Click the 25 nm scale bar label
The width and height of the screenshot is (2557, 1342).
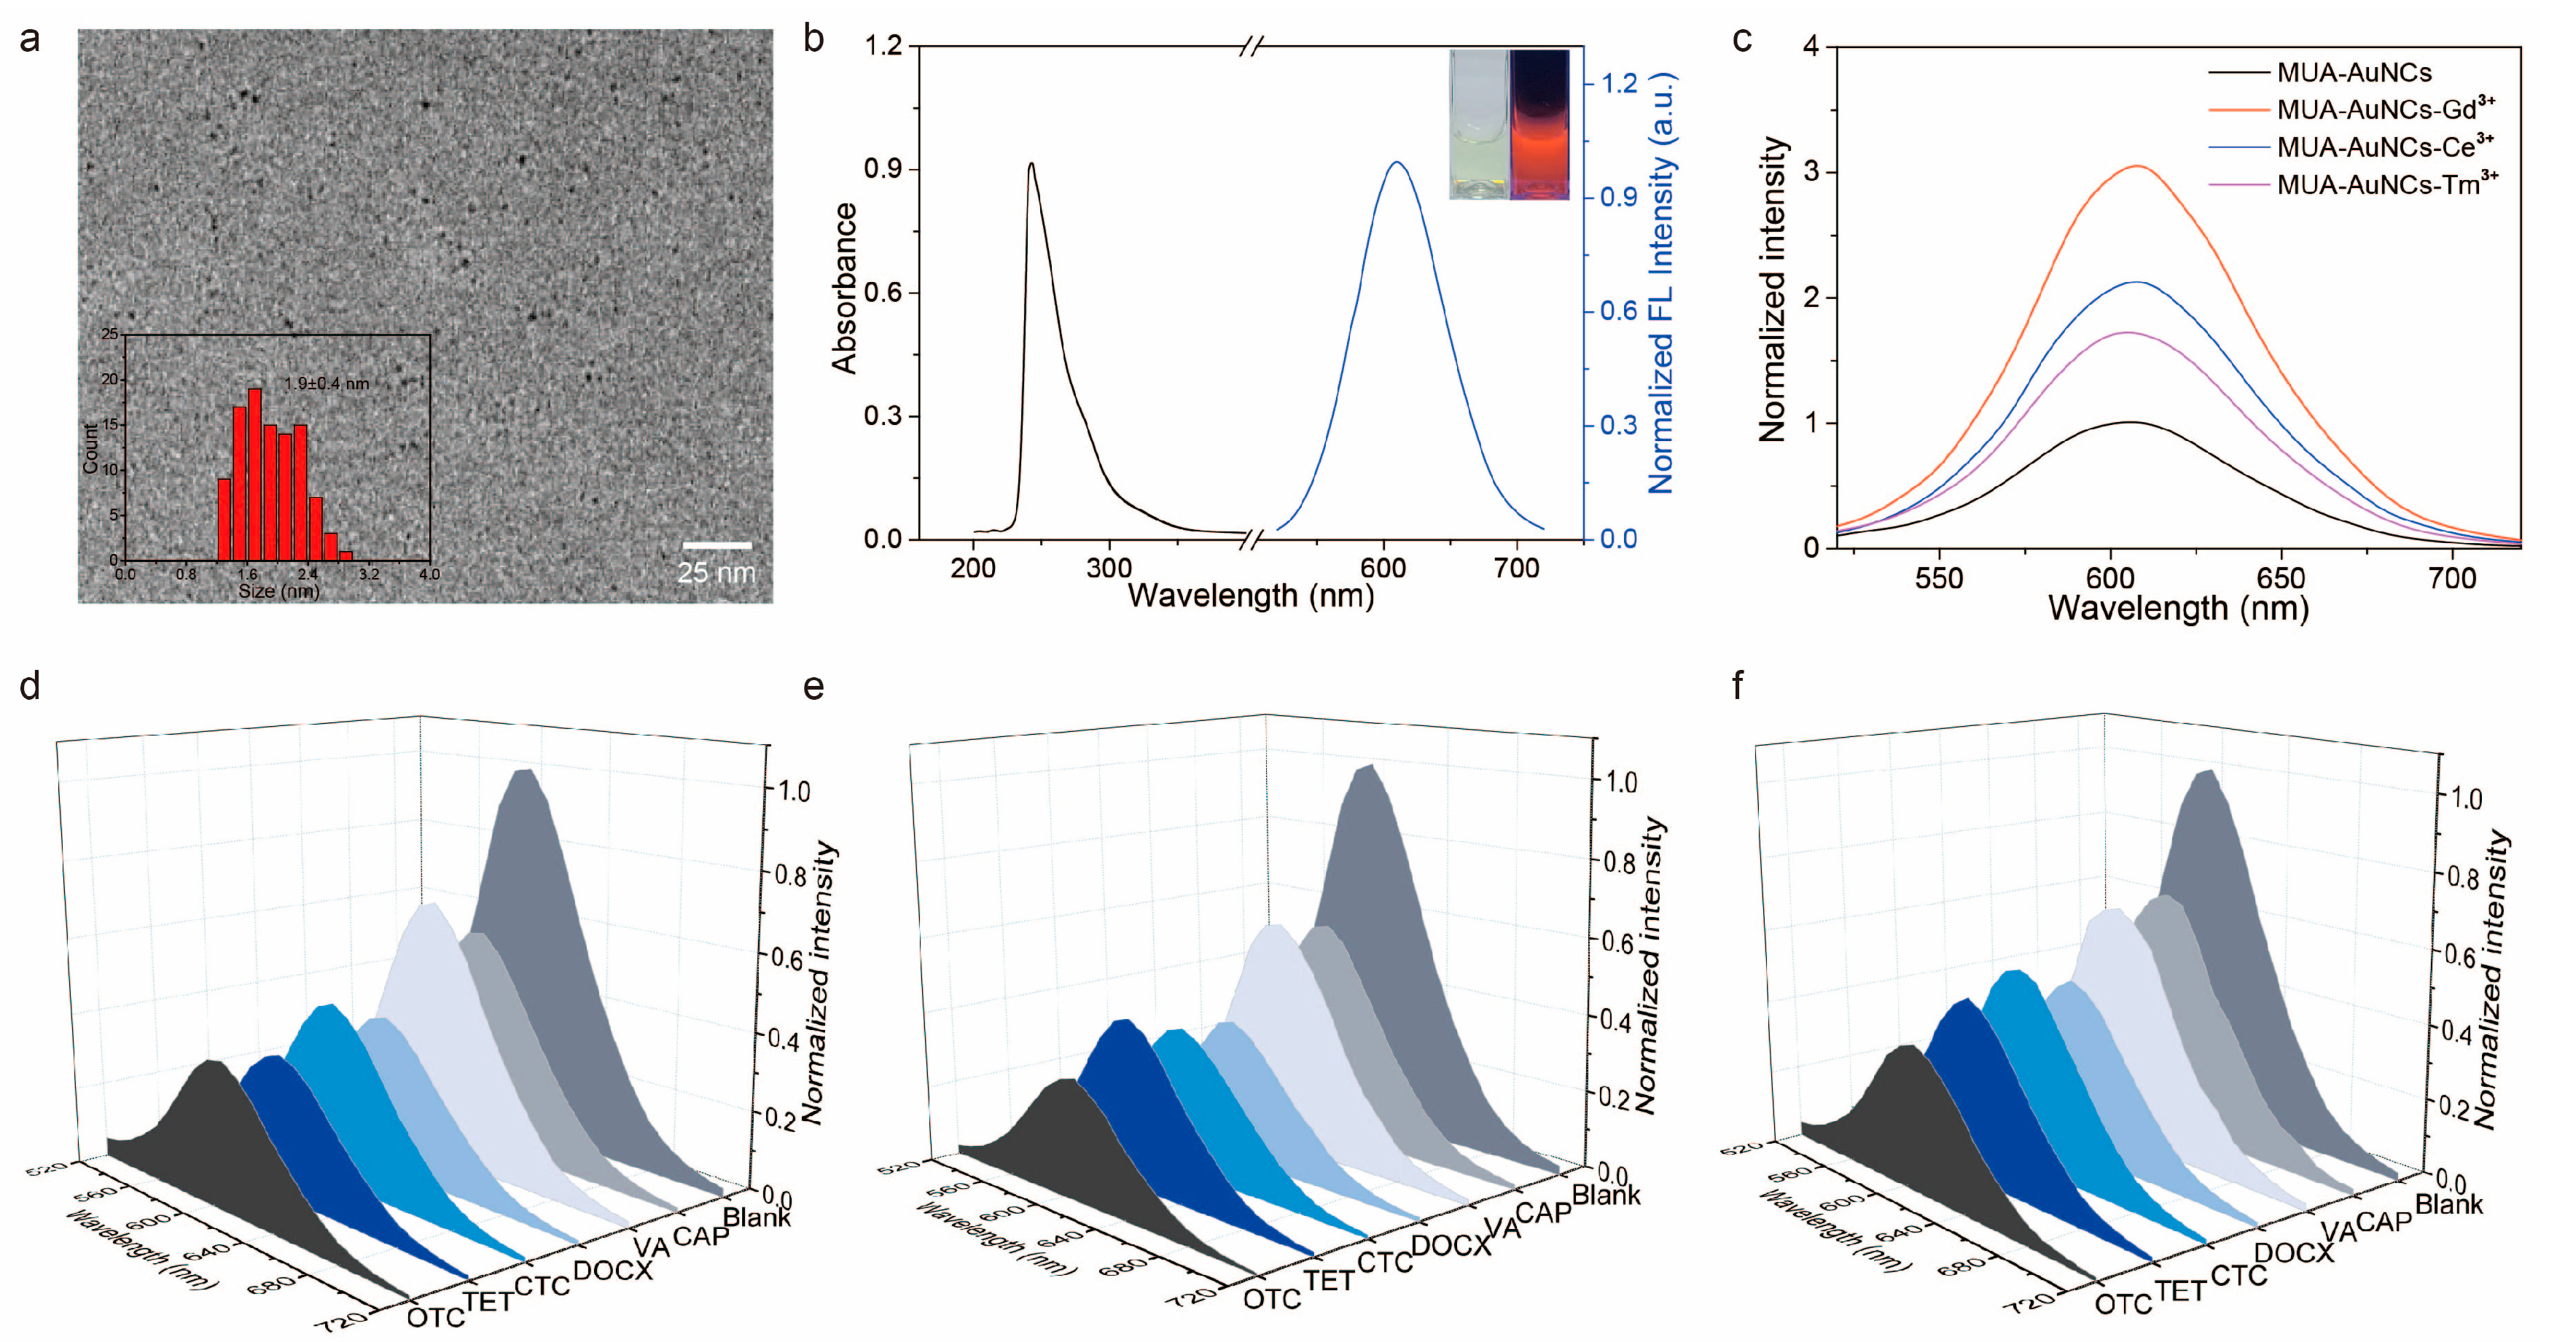716,573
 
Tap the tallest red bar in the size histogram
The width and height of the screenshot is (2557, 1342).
255,474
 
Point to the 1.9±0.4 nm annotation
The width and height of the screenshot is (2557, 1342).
327,383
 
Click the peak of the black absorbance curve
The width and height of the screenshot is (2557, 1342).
1031,165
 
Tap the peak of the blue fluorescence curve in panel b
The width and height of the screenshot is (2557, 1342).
1397,163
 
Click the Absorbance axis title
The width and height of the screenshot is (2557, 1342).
845,288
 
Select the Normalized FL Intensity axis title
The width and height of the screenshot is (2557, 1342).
1660,283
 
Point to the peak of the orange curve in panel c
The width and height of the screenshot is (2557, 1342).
2137,167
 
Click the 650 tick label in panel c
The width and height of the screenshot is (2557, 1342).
2280,579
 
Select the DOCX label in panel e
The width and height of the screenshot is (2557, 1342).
1451,1246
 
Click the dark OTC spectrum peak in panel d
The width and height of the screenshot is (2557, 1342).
211,1062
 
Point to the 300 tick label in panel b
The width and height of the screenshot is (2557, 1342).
1109,568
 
